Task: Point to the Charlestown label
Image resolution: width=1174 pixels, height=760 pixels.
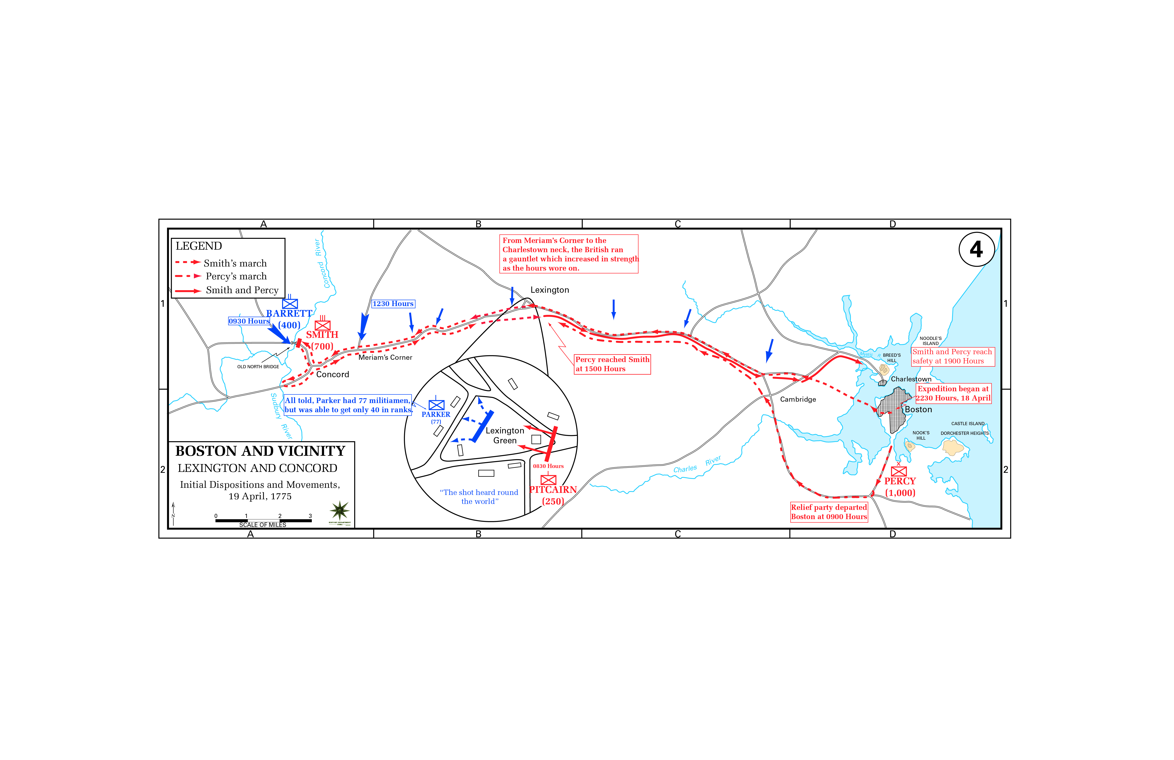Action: click(911, 379)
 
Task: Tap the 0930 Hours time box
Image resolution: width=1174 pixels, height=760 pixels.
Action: click(249, 321)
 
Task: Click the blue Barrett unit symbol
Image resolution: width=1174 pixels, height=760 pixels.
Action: click(290, 304)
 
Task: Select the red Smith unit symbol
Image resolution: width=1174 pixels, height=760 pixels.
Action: click(322, 325)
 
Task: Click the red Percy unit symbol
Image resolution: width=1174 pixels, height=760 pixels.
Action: click(898, 471)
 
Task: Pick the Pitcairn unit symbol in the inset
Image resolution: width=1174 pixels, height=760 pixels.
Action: click(548, 480)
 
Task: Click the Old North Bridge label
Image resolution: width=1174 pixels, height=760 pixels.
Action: click(258, 367)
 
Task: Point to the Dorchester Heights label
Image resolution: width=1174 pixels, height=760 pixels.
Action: click(964, 433)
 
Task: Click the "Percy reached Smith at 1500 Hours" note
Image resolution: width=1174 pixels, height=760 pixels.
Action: click(612, 364)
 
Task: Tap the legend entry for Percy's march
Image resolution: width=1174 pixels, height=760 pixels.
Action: click(236, 276)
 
